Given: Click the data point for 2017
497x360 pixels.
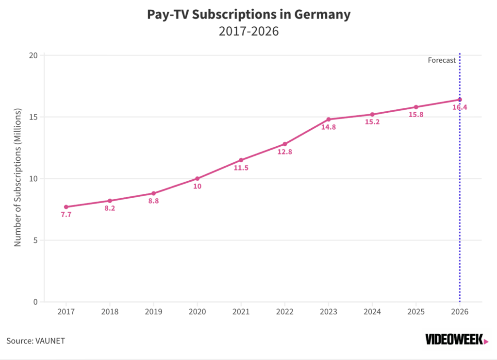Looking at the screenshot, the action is (66, 207).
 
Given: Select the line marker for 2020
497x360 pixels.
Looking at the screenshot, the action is (197, 179).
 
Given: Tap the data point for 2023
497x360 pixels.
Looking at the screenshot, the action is (329, 119).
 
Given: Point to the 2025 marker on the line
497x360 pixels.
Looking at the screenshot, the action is (416, 107).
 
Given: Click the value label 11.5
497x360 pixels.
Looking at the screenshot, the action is (241, 168).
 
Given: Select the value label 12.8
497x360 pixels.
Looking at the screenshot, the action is (284, 152).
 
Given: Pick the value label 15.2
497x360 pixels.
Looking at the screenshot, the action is (372, 122).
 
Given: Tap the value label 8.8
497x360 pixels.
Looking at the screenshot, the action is (153, 201).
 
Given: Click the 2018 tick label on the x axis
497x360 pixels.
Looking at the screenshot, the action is (110, 312).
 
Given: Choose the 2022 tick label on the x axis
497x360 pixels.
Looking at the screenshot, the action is (284, 312).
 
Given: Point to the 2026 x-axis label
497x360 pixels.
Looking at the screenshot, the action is (460, 312).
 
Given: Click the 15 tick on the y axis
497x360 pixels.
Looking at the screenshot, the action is (33, 117).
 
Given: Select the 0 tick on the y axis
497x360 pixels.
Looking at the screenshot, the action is (35, 302).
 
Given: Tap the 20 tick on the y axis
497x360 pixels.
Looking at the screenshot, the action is (33, 55).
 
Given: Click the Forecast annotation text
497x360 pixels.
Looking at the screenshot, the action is (442, 60).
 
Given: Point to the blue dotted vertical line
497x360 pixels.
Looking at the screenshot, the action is (460, 178).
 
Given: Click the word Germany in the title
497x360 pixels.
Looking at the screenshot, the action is (322, 15).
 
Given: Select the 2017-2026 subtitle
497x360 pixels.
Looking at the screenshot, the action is (249, 32).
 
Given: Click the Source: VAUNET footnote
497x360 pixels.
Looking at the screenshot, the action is (35, 341).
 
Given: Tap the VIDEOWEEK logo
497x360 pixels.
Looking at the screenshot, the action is (457, 340).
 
